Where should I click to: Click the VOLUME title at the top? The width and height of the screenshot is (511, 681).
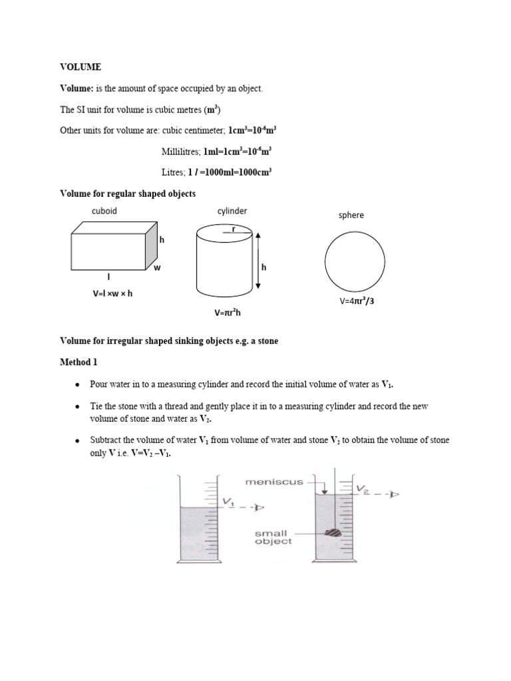tap(81, 67)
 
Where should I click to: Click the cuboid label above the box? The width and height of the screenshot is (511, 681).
tap(104, 211)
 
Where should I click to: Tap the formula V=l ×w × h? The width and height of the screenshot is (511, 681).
tap(113, 293)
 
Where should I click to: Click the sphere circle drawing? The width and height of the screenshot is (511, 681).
tap(355, 261)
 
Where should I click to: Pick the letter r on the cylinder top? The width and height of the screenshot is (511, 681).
tap(233, 229)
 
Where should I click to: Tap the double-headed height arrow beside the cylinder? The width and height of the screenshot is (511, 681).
tap(258, 260)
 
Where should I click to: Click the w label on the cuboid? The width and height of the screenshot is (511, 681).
tap(158, 268)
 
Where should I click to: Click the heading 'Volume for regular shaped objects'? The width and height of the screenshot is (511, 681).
tap(128, 194)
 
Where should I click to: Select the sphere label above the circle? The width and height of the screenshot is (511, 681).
tap(351, 215)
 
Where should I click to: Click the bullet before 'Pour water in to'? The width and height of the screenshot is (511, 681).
tap(78, 385)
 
